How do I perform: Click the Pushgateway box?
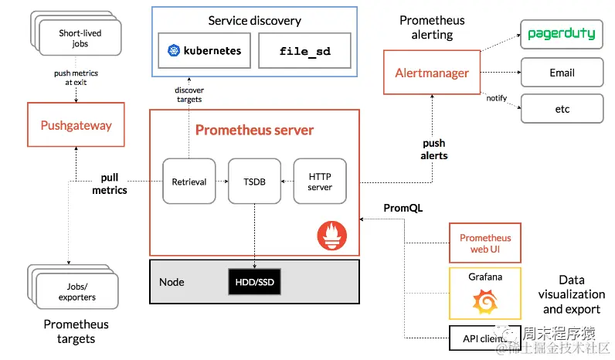[x=76, y=124]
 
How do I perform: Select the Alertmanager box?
[x=432, y=73]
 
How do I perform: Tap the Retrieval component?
[x=189, y=182]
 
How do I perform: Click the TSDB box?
[x=254, y=182]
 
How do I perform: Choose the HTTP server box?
[x=320, y=182]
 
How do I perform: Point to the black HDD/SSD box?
[x=254, y=281]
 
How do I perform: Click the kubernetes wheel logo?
[x=174, y=50]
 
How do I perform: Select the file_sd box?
[x=304, y=50]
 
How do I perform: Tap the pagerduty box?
[x=562, y=35]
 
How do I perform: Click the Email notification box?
[x=562, y=73]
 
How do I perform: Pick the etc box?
[x=562, y=109]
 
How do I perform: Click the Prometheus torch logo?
[x=332, y=236]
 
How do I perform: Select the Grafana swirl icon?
[x=485, y=301]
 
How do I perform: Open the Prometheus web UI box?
[x=485, y=243]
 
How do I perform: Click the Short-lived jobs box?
[x=80, y=38]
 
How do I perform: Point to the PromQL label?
[x=403, y=208]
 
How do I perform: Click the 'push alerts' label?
[x=433, y=149]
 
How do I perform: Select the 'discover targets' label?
[x=189, y=94]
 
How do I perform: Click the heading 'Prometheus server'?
[x=254, y=130]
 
